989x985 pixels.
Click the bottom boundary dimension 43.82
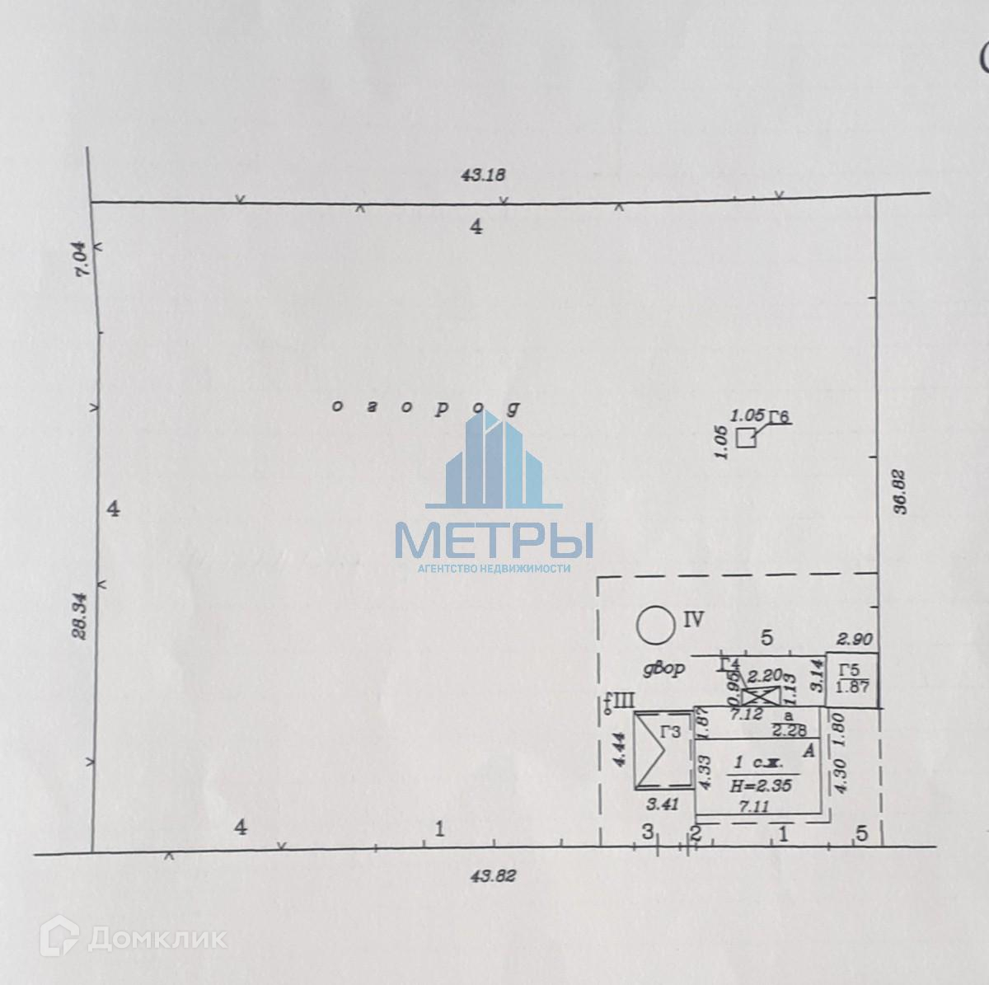(x=493, y=877)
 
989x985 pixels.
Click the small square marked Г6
(x=746, y=439)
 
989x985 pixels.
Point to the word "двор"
(x=664, y=669)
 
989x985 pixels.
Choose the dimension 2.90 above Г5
(x=853, y=639)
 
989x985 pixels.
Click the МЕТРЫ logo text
(x=494, y=540)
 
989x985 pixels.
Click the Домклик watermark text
(x=157, y=938)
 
